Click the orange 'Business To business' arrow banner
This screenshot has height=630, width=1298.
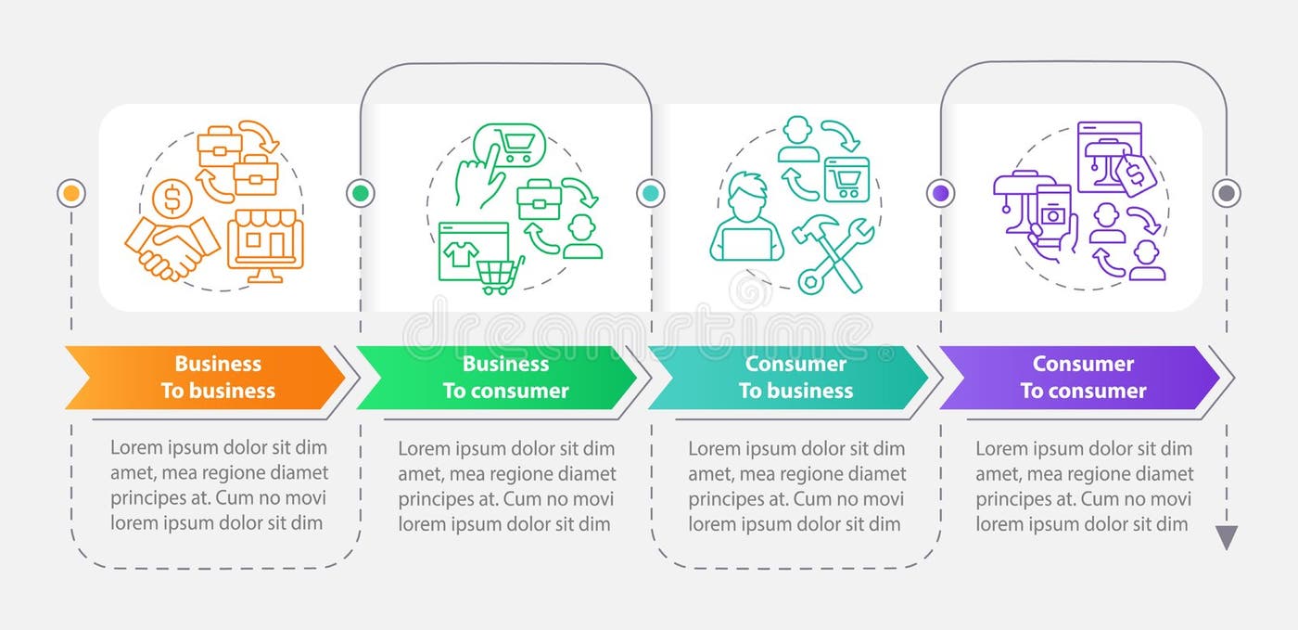[204, 378]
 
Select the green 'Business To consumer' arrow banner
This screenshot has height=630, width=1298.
[496, 378]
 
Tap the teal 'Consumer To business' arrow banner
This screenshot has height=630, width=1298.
[788, 378]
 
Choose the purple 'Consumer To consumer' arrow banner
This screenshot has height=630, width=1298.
[1080, 378]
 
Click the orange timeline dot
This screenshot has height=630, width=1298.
[71, 193]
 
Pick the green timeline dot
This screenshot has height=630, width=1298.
[361, 193]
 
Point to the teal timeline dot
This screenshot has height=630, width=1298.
[651, 193]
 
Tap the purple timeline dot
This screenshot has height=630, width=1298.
[941, 193]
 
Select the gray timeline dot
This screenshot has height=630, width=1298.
[1227, 193]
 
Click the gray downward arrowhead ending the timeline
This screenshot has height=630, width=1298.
[1227, 537]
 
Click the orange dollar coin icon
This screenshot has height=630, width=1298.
[173, 197]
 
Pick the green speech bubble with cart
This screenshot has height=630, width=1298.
[510, 145]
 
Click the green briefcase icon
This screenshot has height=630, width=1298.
[539, 199]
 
